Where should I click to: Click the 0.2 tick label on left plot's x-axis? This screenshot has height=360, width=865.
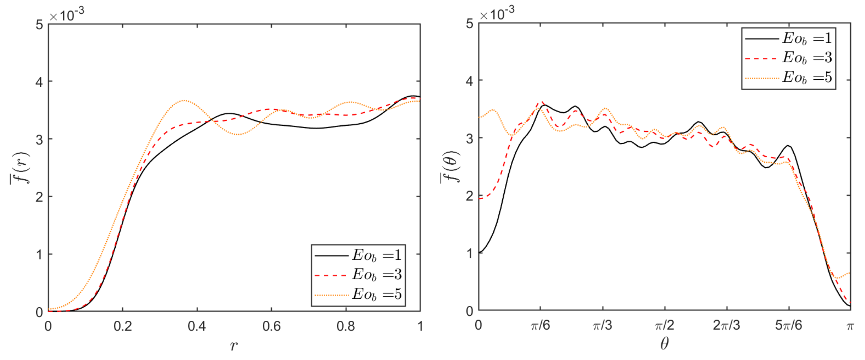coord(123,326)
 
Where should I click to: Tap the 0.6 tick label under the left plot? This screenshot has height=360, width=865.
coord(271,326)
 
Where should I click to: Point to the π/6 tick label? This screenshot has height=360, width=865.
coord(540,325)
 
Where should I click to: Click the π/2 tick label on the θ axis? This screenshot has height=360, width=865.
coord(665,325)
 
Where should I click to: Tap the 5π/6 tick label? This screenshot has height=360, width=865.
coord(788,325)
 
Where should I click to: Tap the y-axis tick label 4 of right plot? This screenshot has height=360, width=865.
coord(470,81)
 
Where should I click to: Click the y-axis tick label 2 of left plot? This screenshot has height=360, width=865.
coord(40,197)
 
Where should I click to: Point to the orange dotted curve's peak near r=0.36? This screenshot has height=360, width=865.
coord(184,100)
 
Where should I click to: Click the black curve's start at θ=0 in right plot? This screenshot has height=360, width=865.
coord(480,253)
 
